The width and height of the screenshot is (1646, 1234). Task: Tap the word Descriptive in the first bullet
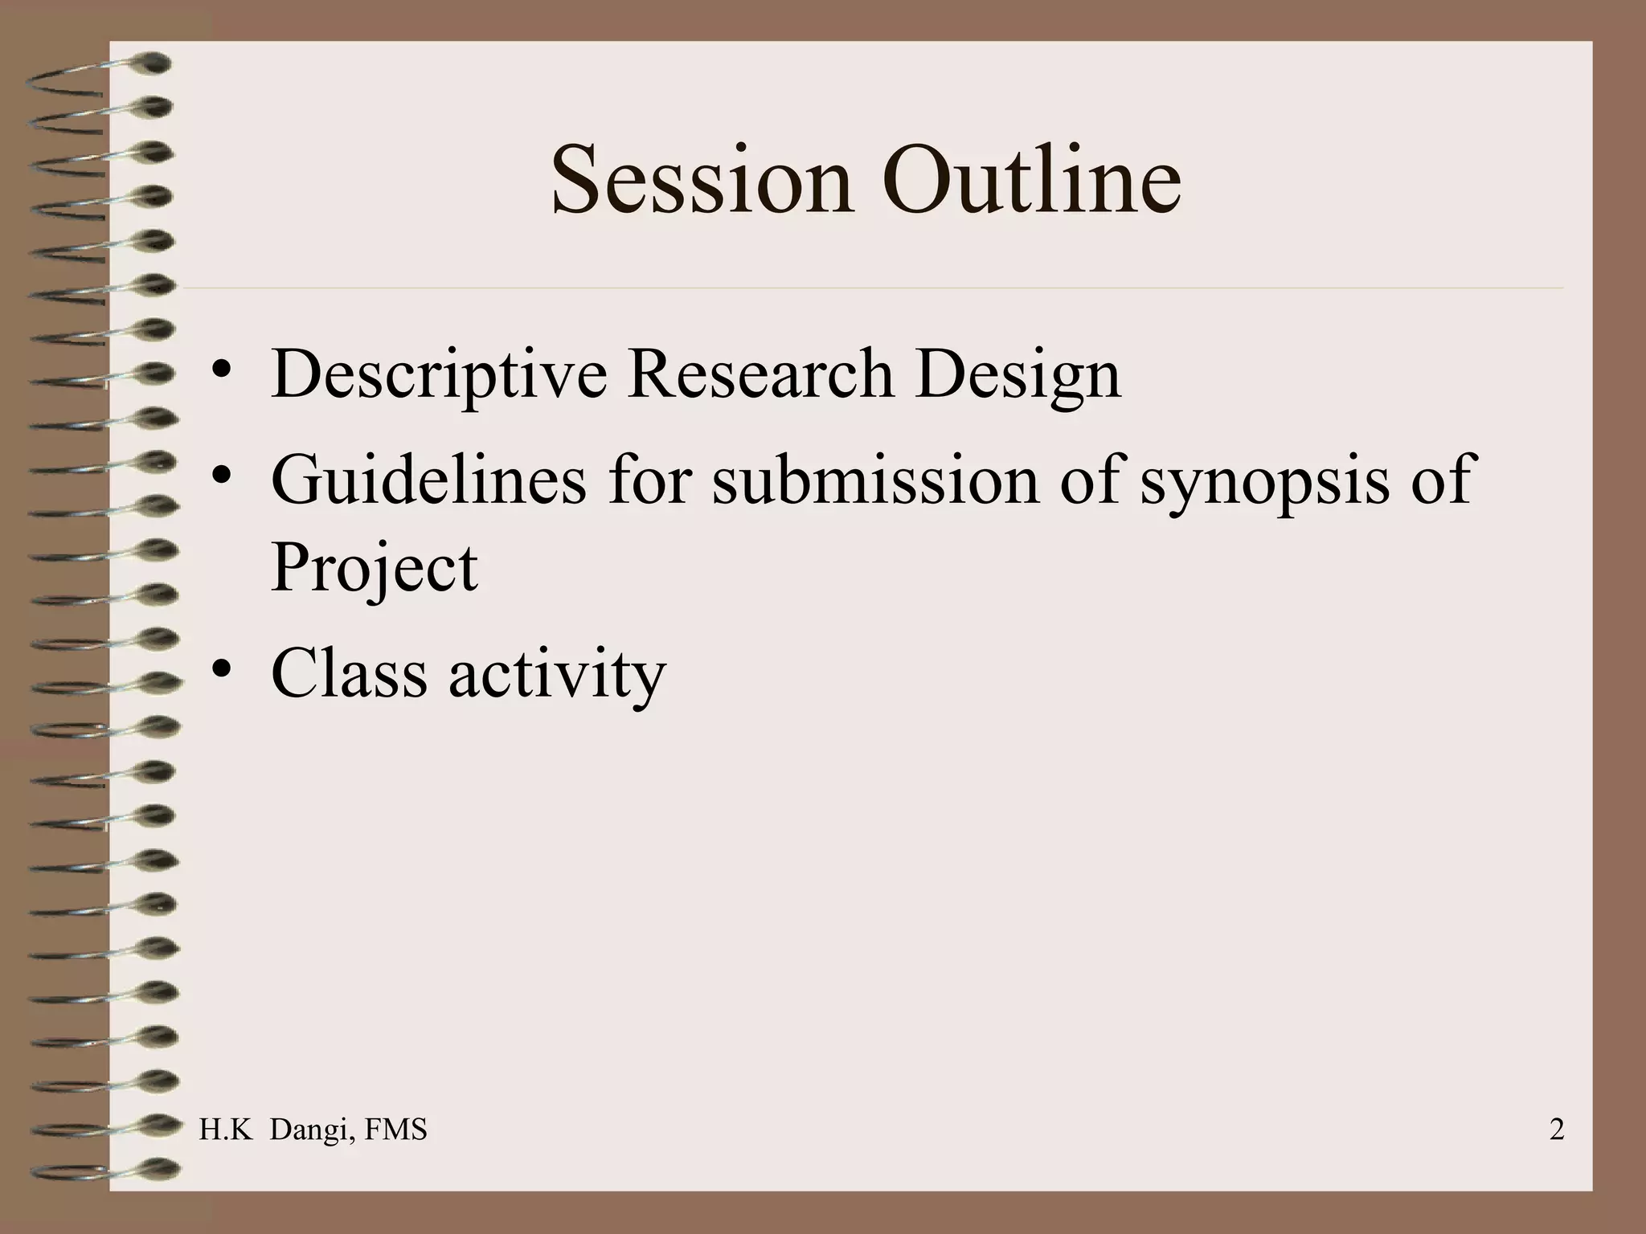click(439, 374)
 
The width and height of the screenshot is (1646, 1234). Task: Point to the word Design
click(1017, 376)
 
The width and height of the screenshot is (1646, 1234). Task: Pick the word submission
click(875, 480)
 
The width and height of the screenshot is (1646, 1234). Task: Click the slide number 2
click(1556, 1130)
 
